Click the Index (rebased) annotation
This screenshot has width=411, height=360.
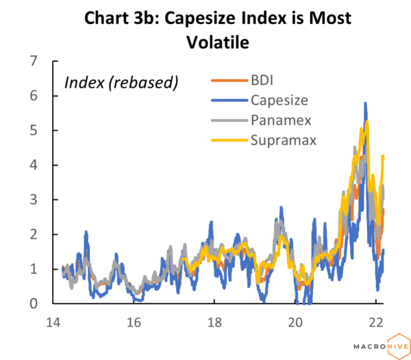121,83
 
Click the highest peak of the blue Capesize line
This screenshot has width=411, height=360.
365,104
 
